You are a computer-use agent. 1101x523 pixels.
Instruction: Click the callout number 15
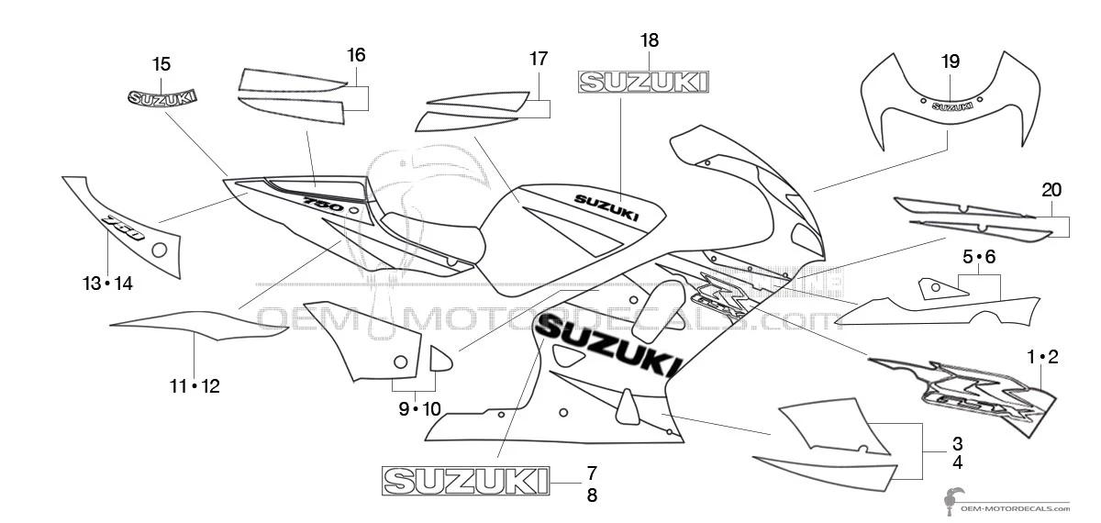click(x=161, y=64)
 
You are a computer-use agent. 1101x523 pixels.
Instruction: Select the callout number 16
click(x=356, y=55)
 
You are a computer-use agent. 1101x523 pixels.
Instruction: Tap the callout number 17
click(x=539, y=59)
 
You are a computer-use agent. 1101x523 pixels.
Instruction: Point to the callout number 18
click(x=650, y=40)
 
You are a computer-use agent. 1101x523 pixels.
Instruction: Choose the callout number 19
click(x=951, y=61)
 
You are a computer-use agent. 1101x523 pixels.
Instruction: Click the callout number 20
click(x=1052, y=190)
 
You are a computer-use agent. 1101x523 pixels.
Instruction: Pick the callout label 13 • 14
click(x=107, y=284)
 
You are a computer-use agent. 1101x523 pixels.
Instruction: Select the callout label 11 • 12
click(x=195, y=386)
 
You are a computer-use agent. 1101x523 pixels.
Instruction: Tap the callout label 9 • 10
click(x=419, y=409)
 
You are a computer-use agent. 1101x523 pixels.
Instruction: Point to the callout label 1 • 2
click(x=1043, y=357)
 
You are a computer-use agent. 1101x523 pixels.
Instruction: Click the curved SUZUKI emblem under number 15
click(x=163, y=95)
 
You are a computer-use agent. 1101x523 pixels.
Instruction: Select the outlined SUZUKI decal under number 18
click(x=642, y=83)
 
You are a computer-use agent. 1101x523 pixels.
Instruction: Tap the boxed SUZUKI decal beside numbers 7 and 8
click(x=465, y=480)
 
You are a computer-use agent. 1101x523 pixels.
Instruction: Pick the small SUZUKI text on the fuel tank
click(x=606, y=207)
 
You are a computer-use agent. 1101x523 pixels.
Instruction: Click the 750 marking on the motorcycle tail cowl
click(x=323, y=202)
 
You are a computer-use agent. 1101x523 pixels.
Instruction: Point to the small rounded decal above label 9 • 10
click(x=441, y=358)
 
